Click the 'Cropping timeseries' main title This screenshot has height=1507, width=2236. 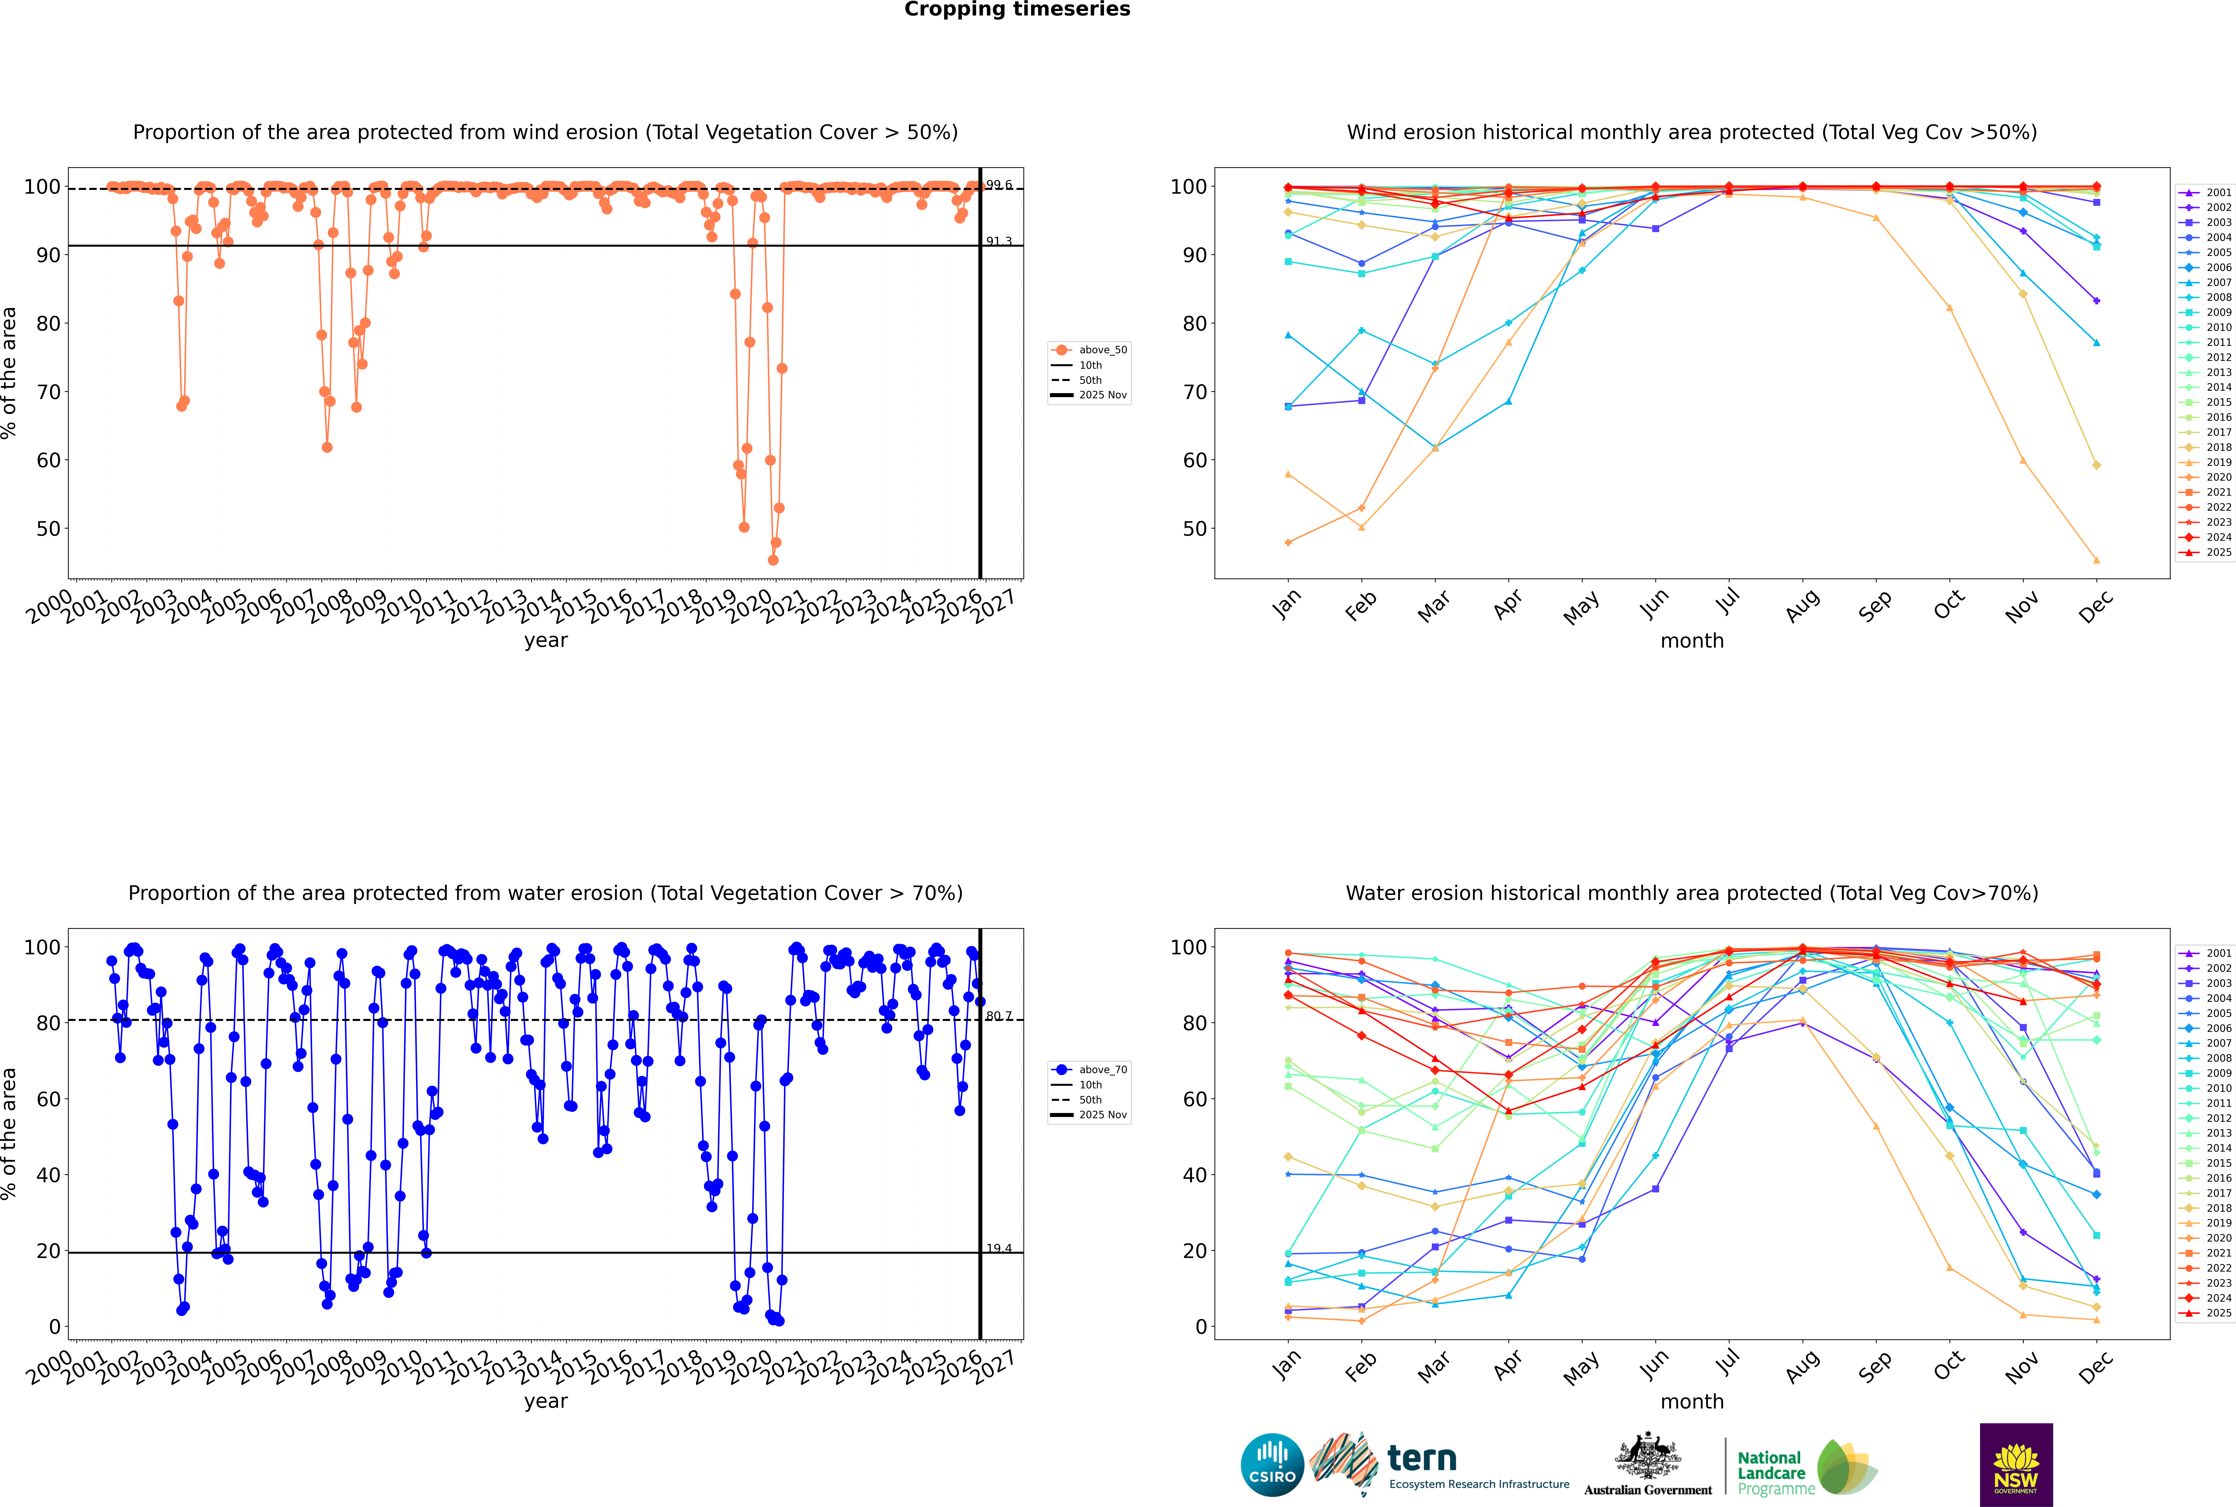[x=1017, y=10]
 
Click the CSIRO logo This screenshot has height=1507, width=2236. [x=1272, y=1465]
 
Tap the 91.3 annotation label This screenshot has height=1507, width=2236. [x=999, y=241]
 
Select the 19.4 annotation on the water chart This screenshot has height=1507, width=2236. [x=999, y=1248]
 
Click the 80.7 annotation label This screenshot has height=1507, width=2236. [x=999, y=1016]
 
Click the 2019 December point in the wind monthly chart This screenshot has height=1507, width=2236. [x=2097, y=560]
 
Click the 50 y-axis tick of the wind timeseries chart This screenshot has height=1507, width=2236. [x=48, y=529]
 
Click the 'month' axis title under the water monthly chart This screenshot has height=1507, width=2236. [x=1692, y=1401]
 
